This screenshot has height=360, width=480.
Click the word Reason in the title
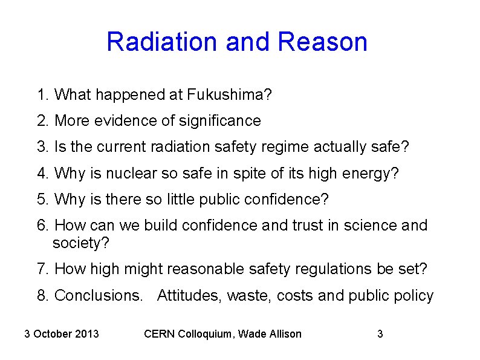coord(323,42)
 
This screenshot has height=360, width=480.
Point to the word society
coord(80,243)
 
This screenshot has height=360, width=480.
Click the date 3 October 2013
coord(62,333)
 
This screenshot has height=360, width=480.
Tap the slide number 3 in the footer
coord(380,333)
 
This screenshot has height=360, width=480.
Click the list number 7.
coord(41,269)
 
